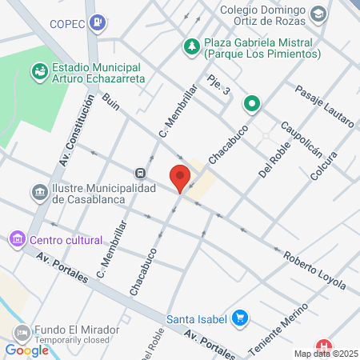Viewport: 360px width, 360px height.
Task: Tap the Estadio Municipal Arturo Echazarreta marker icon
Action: click(38, 72)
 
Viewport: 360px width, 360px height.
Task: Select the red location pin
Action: click(180, 177)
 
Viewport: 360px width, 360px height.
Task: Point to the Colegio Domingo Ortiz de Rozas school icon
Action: click(318, 14)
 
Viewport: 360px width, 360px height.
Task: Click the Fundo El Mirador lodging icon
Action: click(22, 332)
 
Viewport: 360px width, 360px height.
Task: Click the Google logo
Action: click(27, 350)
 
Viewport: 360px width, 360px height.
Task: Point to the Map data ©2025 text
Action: click(326, 354)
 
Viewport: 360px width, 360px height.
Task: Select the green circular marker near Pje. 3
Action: click(252, 102)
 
